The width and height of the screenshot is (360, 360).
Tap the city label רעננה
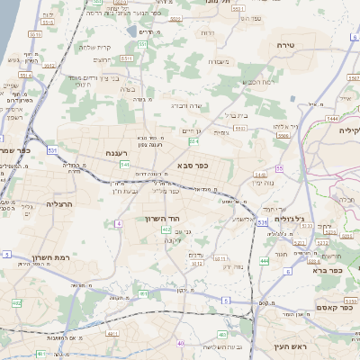(x=118, y=153)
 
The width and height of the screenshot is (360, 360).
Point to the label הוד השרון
(x=163, y=218)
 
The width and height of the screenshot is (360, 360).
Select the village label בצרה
(x=126, y=89)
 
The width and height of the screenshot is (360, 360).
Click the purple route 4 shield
(x=119, y=223)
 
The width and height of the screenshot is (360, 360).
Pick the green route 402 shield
(x=166, y=231)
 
